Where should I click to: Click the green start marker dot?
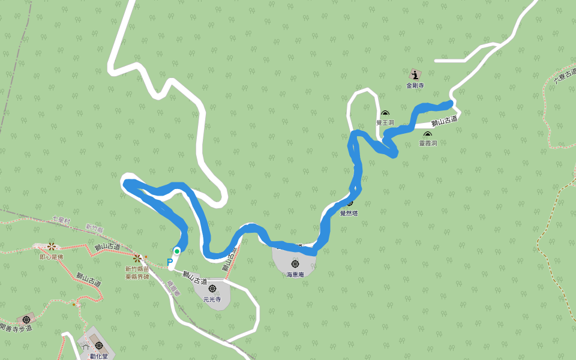(177, 251)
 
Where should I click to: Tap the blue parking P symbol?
(170, 262)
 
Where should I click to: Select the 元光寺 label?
(212, 299)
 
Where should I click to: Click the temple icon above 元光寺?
(212, 289)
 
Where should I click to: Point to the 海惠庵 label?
(295, 274)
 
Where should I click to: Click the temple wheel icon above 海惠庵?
(295, 264)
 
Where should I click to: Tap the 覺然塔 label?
(349, 213)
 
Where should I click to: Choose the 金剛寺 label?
(415, 86)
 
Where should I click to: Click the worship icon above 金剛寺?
(415, 75)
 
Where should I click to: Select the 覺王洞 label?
(385, 122)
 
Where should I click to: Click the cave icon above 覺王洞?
(385, 113)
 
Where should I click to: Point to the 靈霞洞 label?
(428, 143)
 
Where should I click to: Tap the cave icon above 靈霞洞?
(428, 134)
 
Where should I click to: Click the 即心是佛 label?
(51, 257)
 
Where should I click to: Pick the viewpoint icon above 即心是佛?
(52, 247)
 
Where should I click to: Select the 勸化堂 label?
(98, 356)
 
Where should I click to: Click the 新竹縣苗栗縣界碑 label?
(137, 273)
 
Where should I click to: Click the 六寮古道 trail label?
(564, 74)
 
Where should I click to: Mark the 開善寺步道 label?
(16, 328)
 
